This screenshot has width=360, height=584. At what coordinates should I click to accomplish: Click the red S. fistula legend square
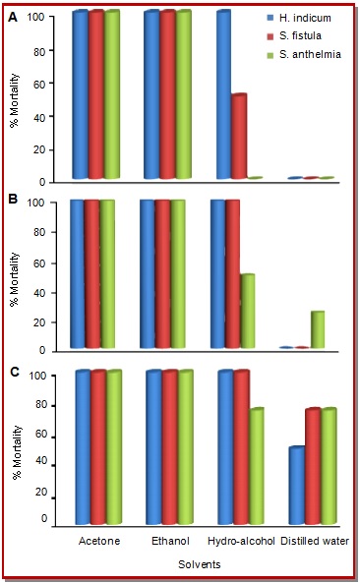(270, 36)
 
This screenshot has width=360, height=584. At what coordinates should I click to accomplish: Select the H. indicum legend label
(305, 18)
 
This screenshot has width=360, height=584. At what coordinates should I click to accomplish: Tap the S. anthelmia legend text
(310, 54)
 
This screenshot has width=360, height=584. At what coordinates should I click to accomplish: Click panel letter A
(13, 17)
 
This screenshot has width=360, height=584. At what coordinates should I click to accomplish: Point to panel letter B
(13, 200)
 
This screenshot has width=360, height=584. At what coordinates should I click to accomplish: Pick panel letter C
(14, 372)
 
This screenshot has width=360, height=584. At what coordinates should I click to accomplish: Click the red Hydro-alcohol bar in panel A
(239, 137)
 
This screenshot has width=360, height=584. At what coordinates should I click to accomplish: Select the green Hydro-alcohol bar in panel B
(248, 311)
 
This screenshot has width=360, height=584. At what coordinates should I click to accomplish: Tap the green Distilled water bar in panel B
(317, 329)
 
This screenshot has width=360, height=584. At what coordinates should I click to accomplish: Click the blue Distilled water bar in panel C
(297, 486)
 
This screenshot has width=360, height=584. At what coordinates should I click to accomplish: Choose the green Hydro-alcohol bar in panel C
(257, 466)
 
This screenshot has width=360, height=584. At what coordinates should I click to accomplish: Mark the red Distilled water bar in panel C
(313, 466)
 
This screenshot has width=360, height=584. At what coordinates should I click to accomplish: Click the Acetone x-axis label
(99, 541)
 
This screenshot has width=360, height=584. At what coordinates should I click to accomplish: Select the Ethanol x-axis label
(170, 541)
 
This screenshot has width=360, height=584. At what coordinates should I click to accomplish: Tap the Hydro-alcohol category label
(241, 541)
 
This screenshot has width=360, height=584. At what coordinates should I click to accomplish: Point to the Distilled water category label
(315, 541)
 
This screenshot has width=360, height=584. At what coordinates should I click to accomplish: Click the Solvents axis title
(200, 564)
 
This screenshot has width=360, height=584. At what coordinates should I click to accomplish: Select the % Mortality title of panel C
(17, 452)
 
